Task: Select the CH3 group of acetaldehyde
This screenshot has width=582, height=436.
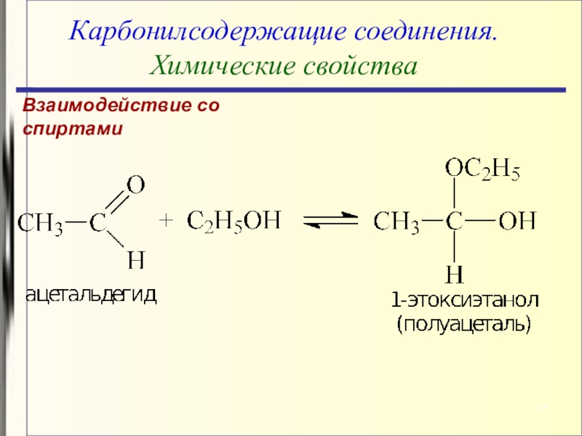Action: coord(40,222)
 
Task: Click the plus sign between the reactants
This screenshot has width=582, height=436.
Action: coord(166,221)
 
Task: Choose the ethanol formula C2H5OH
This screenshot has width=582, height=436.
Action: coord(234,220)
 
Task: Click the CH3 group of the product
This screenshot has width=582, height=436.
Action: coord(396,221)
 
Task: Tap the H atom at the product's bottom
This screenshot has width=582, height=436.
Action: coord(455,274)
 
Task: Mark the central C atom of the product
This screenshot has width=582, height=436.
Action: coord(455,221)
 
